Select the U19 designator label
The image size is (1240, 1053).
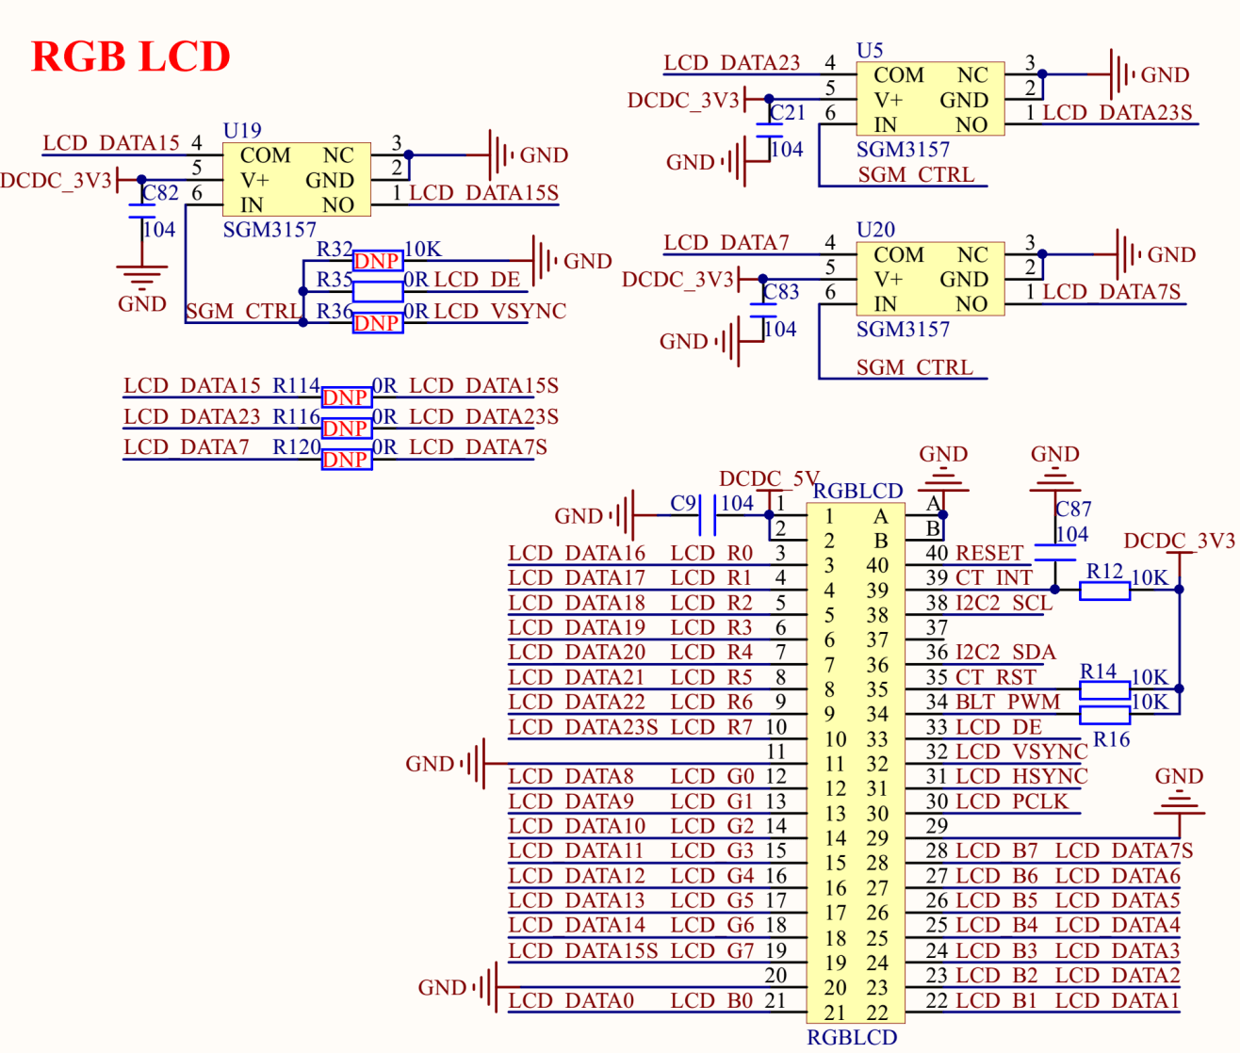[x=242, y=130]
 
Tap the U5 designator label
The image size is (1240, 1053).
[x=870, y=50]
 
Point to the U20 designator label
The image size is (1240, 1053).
[x=875, y=230]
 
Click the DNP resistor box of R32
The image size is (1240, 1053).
[x=377, y=261]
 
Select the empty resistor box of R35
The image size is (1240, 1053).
[x=377, y=291]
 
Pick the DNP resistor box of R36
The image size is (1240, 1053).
[x=377, y=323]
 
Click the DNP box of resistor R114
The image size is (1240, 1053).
[x=346, y=397]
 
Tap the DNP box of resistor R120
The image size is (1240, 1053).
[x=346, y=460]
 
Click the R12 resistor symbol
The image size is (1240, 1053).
[x=1104, y=591]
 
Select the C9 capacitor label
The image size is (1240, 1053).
[x=683, y=504]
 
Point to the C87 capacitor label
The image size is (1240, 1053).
[x=1073, y=510]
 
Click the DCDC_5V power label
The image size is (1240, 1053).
[x=768, y=478]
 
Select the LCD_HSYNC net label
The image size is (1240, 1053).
[x=1021, y=776]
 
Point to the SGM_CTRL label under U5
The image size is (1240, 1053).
[x=916, y=175]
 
